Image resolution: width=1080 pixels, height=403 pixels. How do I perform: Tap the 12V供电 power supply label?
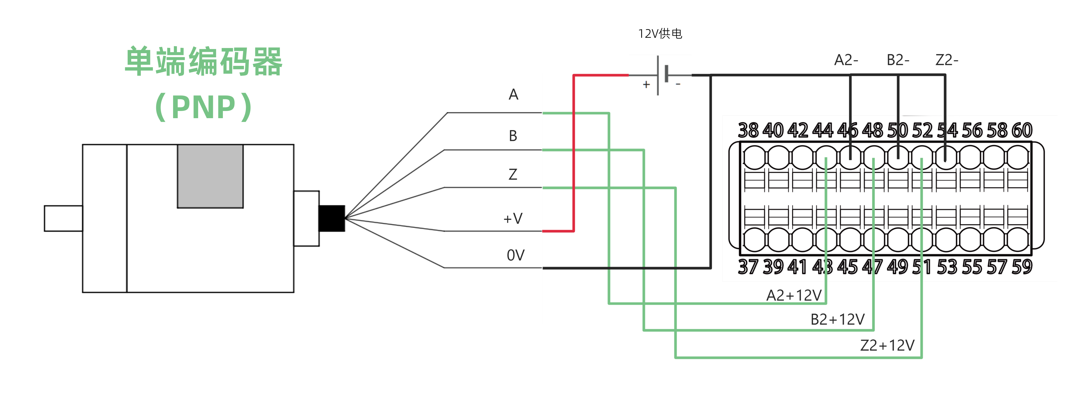pyautogui.click(x=660, y=33)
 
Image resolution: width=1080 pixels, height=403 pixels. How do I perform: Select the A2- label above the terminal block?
pyautogui.click(x=846, y=60)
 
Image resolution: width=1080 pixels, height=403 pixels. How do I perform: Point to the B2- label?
pyautogui.click(x=898, y=60)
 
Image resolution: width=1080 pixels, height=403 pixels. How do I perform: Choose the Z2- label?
pyautogui.click(x=947, y=60)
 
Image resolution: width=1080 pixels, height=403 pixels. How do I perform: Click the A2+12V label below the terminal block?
pyautogui.click(x=794, y=296)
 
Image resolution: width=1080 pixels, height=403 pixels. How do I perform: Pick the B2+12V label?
pyautogui.click(x=837, y=320)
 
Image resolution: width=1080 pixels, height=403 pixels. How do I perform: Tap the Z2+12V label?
pyautogui.click(x=887, y=346)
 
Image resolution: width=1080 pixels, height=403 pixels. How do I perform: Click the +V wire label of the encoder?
pyautogui.click(x=513, y=218)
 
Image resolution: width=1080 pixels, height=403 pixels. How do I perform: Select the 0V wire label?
pyautogui.click(x=515, y=255)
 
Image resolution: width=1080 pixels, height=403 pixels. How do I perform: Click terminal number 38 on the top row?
pyautogui.click(x=748, y=130)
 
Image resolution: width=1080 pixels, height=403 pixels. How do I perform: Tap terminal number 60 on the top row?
pyautogui.click(x=1022, y=130)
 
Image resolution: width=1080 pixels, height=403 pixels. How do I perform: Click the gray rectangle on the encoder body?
pyautogui.click(x=210, y=176)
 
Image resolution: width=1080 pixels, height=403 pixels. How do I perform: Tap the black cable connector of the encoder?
pyautogui.click(x=332, y=218)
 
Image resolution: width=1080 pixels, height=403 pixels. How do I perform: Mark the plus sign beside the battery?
pyautogui.click(x=646, y=85)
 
